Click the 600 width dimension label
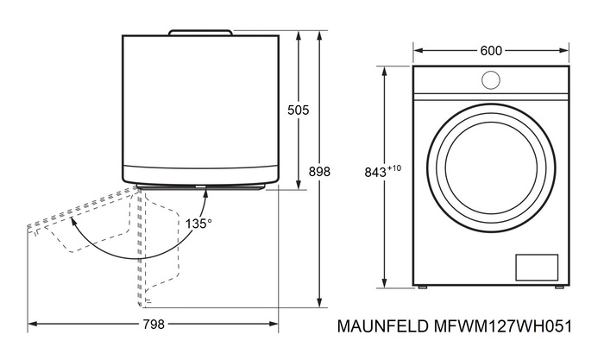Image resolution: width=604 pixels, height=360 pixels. [491, 51]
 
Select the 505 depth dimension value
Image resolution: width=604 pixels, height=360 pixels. [298, 110]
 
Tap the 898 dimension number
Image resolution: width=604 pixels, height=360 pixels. [319, 172]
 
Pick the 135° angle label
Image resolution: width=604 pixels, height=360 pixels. [198, 224]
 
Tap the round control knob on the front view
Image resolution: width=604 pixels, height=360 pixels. [491, 80]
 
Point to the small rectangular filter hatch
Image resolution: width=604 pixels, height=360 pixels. [537, 267]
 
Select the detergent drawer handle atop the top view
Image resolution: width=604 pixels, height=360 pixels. [200, 33]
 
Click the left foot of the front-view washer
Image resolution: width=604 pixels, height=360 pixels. [424, 287]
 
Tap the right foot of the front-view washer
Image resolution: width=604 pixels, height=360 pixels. [559, 287]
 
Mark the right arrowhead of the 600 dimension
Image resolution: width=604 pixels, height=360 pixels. [565, 51]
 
